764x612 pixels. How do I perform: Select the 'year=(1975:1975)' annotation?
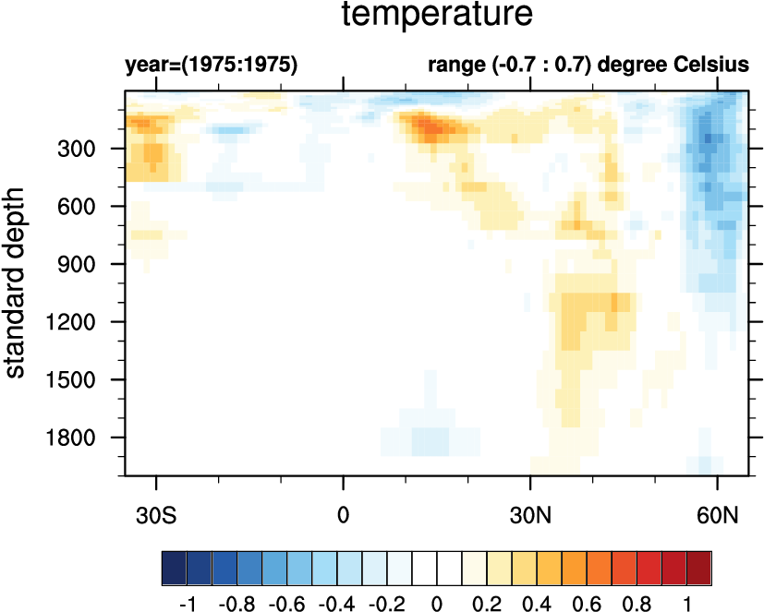point(211,66)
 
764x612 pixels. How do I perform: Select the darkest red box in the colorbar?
point(699,564)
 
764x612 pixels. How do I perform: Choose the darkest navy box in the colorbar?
point(174,564)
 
